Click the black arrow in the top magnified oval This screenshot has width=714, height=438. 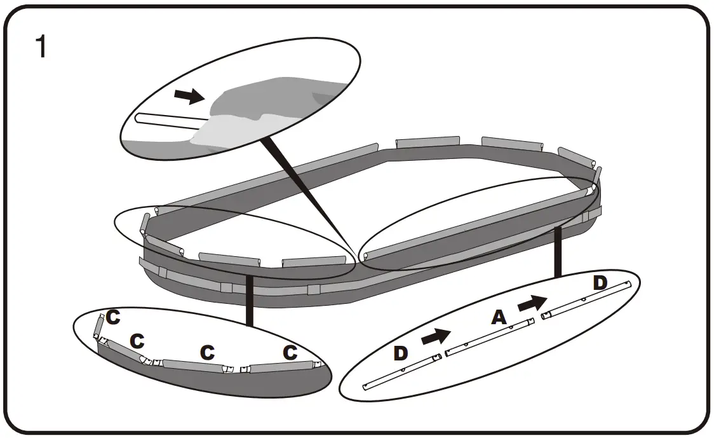[x=189, y=96]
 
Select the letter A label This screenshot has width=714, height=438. [x=499, y=317]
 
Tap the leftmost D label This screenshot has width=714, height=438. [x=400, y=353]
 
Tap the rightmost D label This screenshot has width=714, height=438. [x=600, y=284]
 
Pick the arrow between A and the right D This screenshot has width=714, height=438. [x=532, y=304]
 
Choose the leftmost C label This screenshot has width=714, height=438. [x=113, y=318]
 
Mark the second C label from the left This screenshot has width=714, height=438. [x=137, y=341]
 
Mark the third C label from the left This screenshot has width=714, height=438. [x=206, y=352]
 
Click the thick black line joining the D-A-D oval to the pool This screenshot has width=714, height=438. [x=559, y=251]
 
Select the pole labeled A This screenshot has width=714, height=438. [x=489, y=336]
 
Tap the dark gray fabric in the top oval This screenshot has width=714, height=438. [x=273, y=95]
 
